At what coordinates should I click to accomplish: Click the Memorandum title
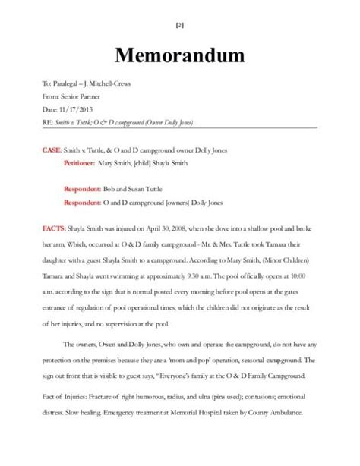click(180, 55)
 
